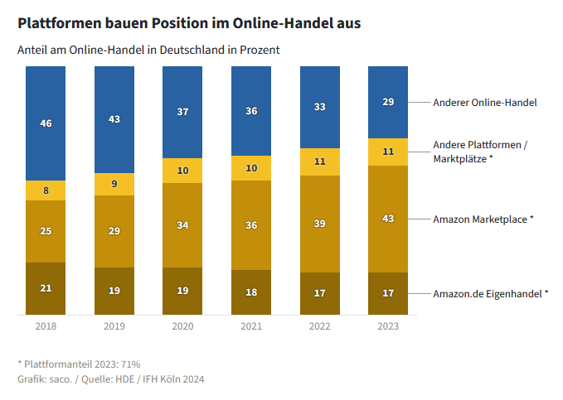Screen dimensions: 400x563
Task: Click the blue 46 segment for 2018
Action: tap(46, 123)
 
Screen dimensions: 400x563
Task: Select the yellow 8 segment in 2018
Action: tap(46, 190)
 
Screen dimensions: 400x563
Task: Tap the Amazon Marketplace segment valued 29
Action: tap(114, 231)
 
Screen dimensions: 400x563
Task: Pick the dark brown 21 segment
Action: tap(46, 288)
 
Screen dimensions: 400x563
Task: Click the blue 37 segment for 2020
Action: tap(182, 112)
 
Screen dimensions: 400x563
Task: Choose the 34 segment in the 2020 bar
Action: tap(182, 225)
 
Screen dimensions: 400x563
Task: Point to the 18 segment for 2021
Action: tap(251, 292)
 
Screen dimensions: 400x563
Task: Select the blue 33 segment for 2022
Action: tap(320, 107)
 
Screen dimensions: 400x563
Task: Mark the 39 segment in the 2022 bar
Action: tap(320, 224)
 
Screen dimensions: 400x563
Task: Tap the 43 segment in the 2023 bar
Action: tap(388, 219)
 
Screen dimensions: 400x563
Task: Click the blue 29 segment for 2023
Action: tap(388, 102)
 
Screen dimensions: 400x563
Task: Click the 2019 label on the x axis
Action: tap(114, 327)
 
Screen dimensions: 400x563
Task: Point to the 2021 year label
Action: tap(251, 327)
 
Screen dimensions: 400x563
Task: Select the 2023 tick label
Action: tap(388, 327)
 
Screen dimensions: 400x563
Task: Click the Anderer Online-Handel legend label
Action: tap(485, 103)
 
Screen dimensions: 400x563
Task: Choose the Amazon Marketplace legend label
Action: tap(483, 219)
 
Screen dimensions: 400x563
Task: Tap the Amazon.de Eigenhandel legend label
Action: tap(491, 293)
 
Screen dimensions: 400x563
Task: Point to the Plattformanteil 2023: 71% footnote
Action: tap(79, 364)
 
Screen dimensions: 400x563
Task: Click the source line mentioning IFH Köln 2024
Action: tap(110, 379)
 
